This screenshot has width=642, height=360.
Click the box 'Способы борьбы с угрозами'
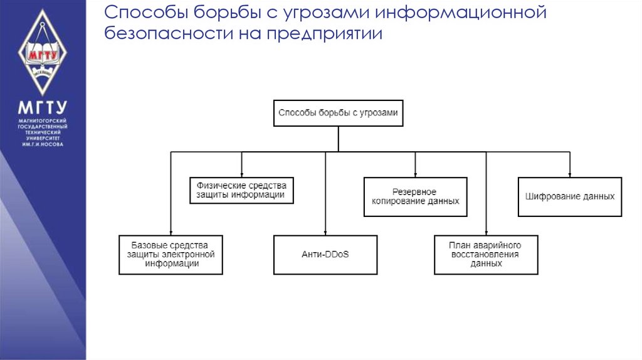338,114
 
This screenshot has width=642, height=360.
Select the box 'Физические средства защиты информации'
241,191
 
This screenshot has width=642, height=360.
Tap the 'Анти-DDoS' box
325,255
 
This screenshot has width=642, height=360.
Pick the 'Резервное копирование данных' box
415,197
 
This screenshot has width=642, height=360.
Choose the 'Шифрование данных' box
569,197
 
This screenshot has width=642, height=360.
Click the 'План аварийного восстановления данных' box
486,255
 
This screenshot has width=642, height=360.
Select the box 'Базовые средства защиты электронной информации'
171,255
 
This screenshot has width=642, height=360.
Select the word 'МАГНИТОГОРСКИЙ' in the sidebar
43,120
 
